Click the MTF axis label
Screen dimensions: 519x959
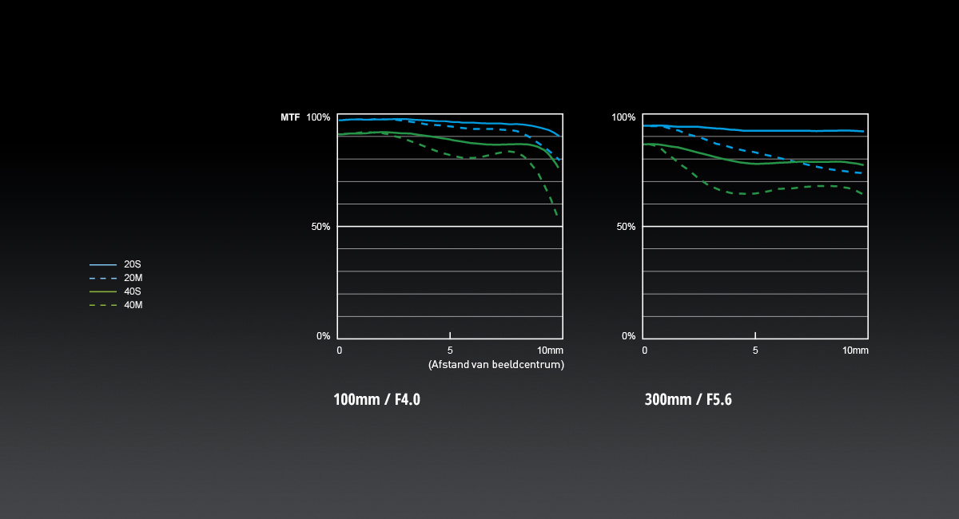(x=290, y=117)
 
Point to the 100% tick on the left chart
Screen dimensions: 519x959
(x=318, y=117)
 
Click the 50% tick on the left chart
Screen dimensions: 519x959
(x=320, y=227)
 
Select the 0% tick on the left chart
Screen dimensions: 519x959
(x=323, y=336)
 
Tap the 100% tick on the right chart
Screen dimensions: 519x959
(x=623, y=117)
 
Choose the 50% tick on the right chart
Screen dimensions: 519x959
(x=626, y=227)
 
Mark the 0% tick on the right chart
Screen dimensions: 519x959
(x=628, y=336)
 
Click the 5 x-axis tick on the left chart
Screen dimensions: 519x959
(x=450, y=351)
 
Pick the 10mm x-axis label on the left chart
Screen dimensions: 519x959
(x=550, y=351)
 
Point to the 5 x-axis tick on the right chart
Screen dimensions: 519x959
(x=755, y=351)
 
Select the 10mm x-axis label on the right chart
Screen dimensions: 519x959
(x=855, y=351)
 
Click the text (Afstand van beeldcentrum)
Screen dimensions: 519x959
(x=496, y=365)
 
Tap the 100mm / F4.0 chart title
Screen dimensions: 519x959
(x=377, y=399)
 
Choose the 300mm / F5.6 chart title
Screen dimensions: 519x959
(x=688, y=399)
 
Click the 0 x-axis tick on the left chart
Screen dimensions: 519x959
(x=340, y=351)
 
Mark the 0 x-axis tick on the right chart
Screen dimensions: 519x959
(x=645, y=351)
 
